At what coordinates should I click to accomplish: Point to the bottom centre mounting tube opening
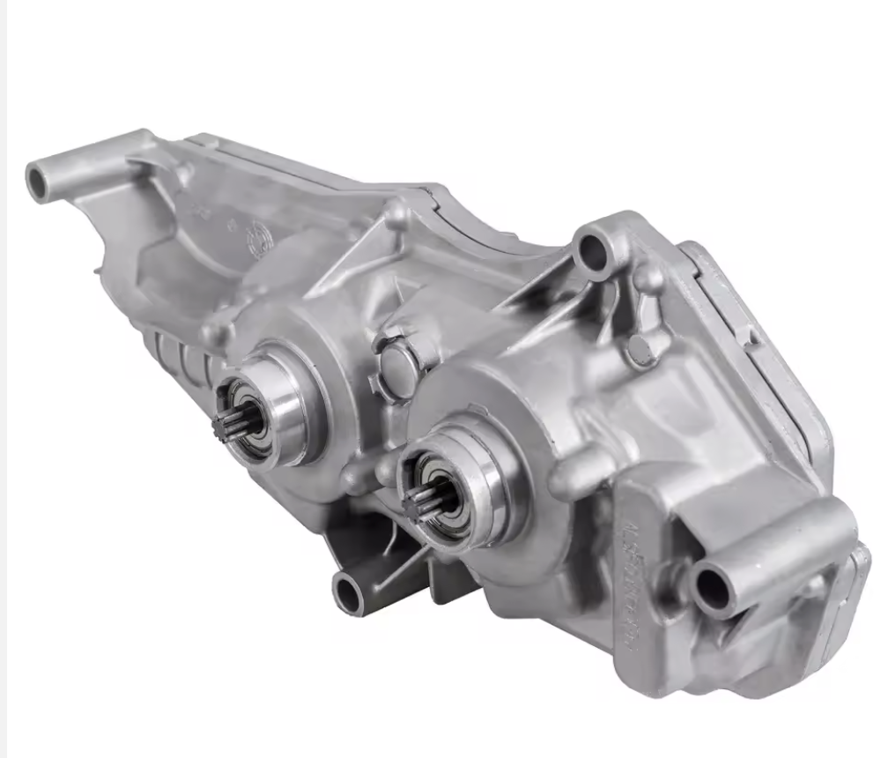[347, 596]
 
